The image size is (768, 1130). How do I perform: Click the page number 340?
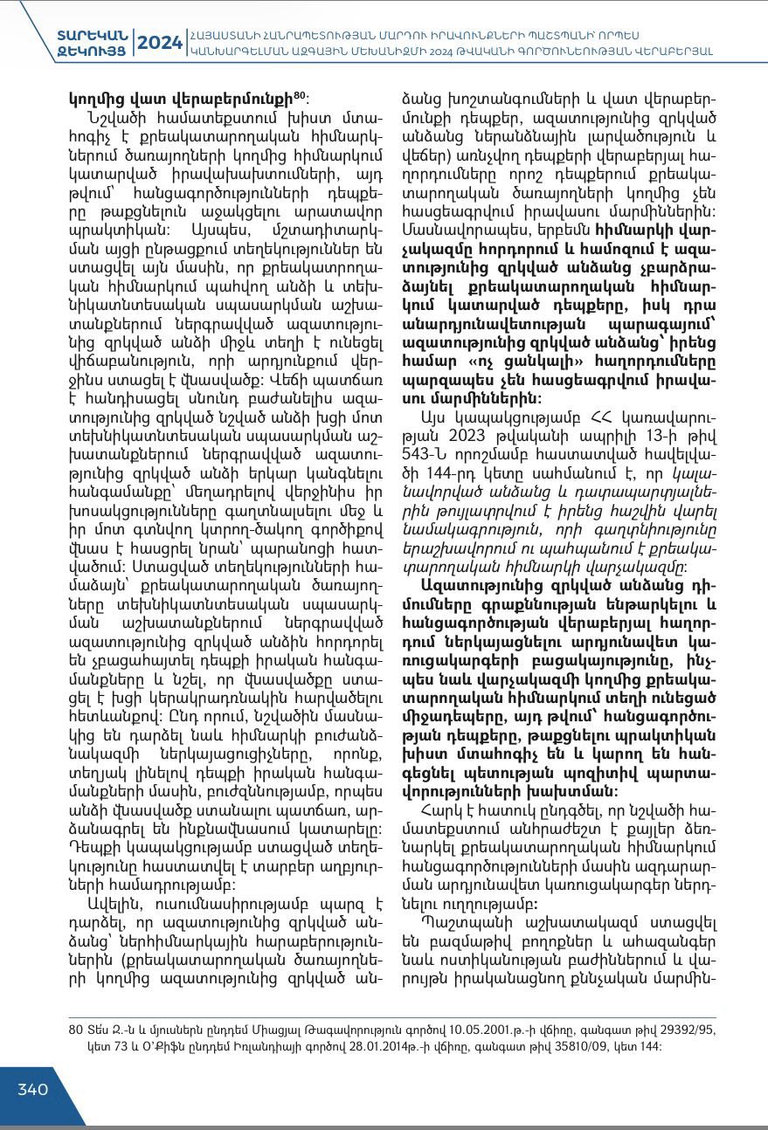pos(33,1089)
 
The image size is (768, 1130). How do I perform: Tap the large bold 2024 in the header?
pos(159,42)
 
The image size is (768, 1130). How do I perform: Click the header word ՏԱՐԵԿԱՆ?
pos(93,34)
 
